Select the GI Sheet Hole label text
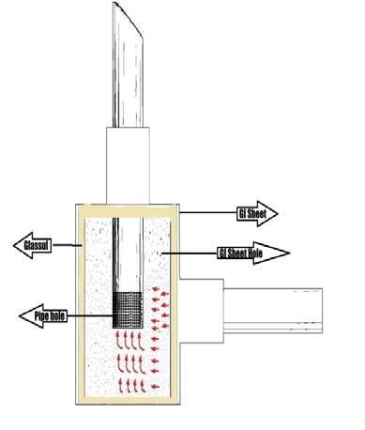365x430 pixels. click(x=240, y=253)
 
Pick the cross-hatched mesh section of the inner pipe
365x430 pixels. click(x=129, y=309)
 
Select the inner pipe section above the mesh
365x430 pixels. click(x=129, y=253)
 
